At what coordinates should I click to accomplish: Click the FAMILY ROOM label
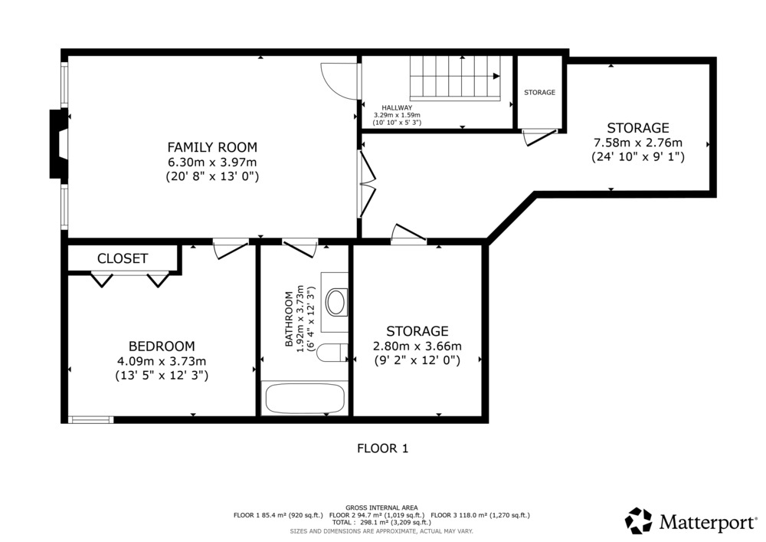212,147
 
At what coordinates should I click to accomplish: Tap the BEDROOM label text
162,347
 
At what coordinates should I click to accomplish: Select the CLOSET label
123,258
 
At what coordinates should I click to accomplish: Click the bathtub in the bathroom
305,399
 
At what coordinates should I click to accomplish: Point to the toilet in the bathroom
332,353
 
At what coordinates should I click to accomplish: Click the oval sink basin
336,302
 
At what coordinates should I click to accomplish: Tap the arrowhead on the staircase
496,76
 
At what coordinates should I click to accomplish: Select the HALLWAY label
397,107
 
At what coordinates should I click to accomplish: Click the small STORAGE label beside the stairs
540,92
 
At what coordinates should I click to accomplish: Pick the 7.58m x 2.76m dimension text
638,143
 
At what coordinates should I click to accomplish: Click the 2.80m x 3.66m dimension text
417,347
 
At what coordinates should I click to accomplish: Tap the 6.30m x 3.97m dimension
212,163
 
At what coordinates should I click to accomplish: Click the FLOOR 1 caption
382,448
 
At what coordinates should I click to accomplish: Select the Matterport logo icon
639,521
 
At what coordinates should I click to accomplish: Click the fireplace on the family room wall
59,143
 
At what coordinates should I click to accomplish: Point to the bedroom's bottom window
90,420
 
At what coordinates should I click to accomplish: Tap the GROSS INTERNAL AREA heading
381,508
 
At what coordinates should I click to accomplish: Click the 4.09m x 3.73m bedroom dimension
162,362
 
